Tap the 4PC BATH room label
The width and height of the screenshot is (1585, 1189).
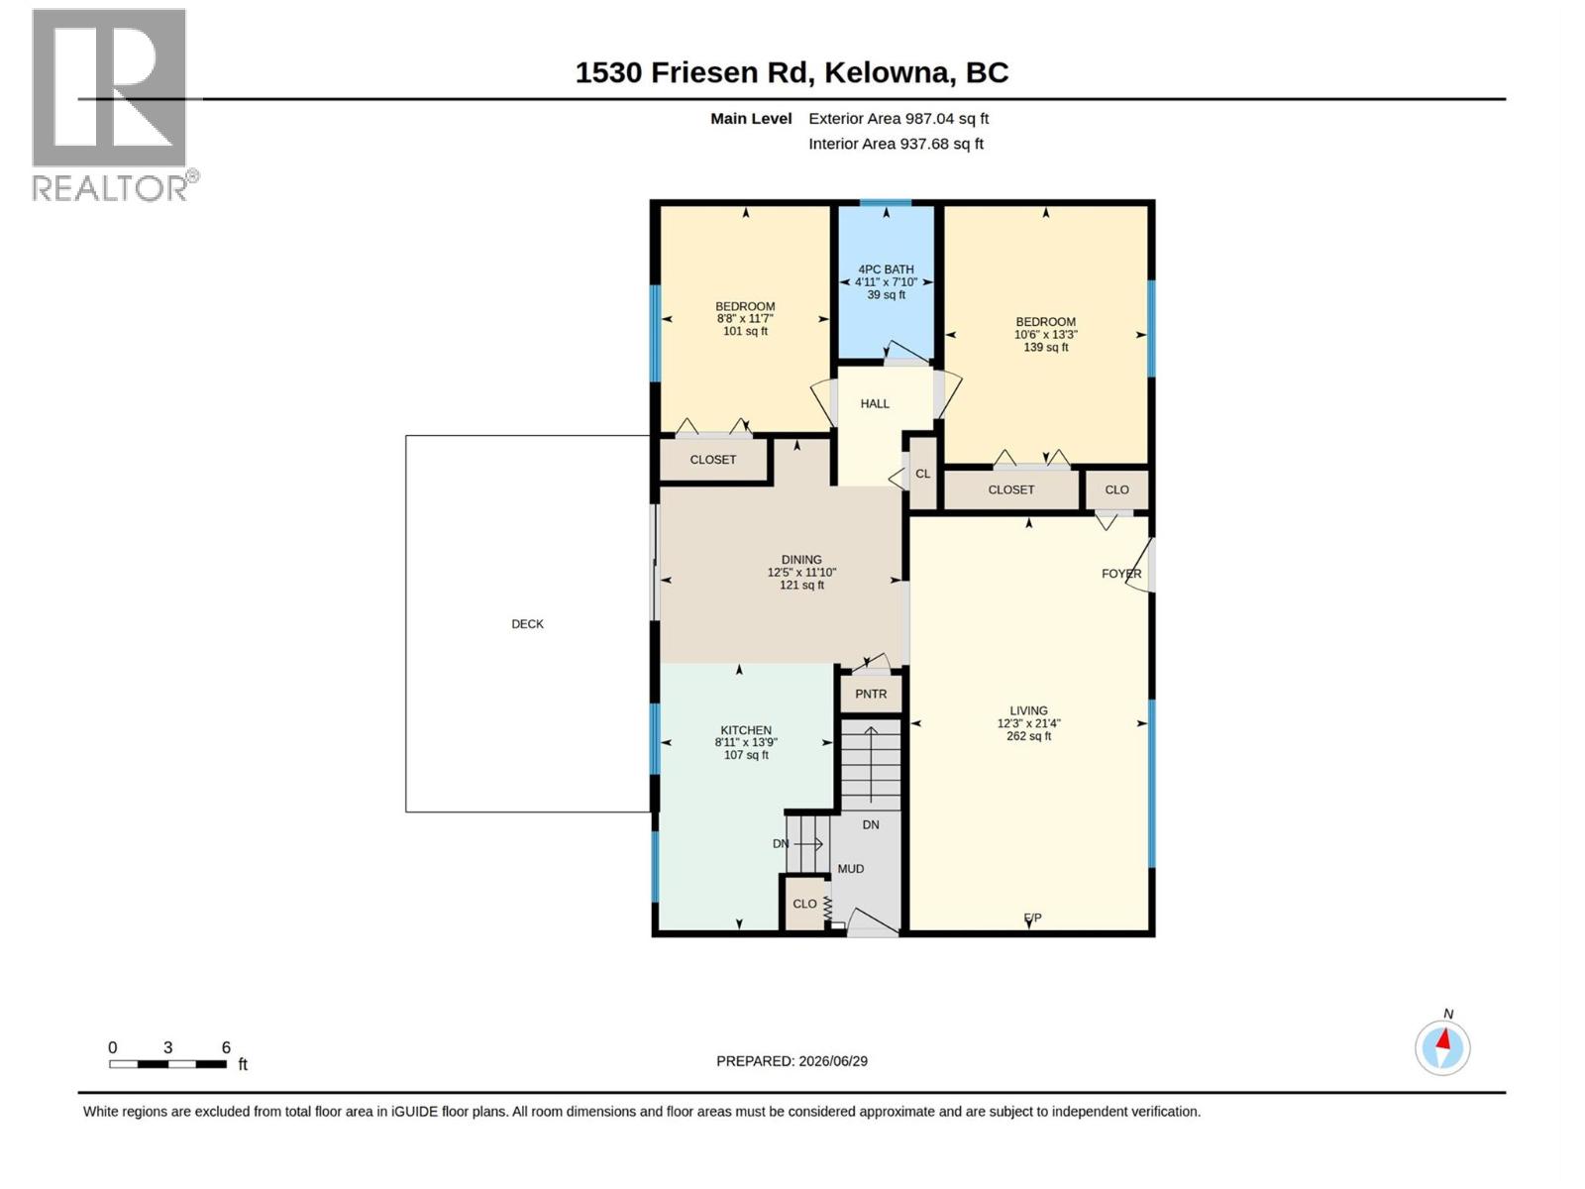point(886,270)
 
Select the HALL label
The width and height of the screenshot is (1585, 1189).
point(875,403)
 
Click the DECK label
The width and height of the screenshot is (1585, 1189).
point(527,624)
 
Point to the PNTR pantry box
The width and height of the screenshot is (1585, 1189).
point(871,694)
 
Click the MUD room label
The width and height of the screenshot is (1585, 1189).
point(851,869)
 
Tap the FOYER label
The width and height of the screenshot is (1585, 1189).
point(1121,574)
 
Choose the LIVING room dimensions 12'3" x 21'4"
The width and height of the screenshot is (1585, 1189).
point(1029,723)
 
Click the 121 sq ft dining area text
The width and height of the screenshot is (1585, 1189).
point(801,585)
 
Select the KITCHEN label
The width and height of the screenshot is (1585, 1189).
point(746,730)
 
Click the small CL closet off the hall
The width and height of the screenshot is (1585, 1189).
point(923,474)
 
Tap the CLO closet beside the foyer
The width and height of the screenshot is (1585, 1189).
point(1117,489)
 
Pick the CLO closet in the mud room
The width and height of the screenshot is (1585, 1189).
point(804,904)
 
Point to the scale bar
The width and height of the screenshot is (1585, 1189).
point(168,1064)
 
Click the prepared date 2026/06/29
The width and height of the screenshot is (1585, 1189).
point(833,1061)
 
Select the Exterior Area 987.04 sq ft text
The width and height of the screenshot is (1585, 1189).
point(898,118)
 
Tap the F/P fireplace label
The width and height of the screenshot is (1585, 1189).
point(1032,918)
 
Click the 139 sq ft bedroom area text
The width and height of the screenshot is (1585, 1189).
point(1045,347)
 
